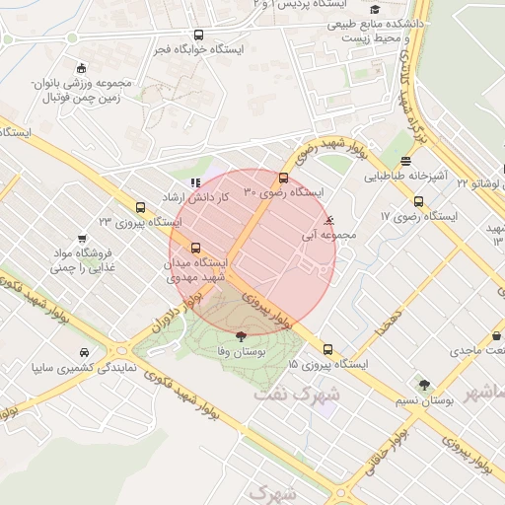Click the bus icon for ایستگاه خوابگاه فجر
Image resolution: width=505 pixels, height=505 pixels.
click(199, 36)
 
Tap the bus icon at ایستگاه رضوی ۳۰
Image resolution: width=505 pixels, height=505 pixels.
click(284, 179)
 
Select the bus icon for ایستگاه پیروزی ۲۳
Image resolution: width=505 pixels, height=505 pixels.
click(140, 208)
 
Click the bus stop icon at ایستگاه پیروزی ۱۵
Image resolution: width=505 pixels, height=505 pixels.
click(327, 350)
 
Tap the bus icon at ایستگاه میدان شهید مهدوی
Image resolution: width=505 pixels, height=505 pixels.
click(195, 249)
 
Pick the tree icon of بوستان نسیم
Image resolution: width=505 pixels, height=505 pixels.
click(424, 385)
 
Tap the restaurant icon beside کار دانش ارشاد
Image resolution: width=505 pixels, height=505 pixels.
click(195, 182)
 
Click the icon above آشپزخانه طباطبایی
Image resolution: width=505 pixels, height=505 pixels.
click(405, 163)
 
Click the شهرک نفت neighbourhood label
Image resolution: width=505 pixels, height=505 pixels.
click(296, 393)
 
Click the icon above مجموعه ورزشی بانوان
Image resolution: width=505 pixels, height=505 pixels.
click(81, 68)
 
